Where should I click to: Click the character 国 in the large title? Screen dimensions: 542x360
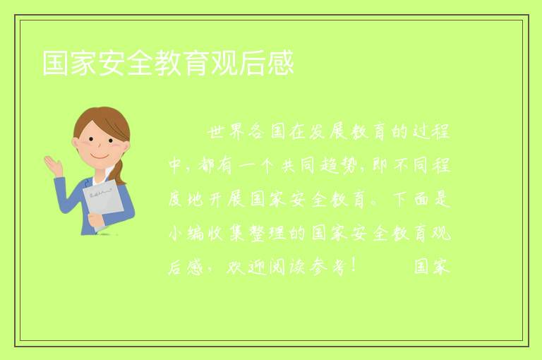[55, 63]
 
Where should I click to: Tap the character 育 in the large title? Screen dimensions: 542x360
[195, 63]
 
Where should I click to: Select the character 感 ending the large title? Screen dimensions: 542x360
[280, 63]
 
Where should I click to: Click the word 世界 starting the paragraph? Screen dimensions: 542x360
[226, 132]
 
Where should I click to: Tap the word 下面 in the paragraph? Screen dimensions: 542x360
[411, 200]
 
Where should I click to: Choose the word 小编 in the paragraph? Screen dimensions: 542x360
[186, 234]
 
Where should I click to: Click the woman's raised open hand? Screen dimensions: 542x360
[53, 165]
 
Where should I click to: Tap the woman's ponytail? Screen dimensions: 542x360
[119, 173]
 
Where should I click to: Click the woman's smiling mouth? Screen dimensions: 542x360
[100, 157]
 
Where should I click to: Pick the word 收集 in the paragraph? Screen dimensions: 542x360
[227, 234]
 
